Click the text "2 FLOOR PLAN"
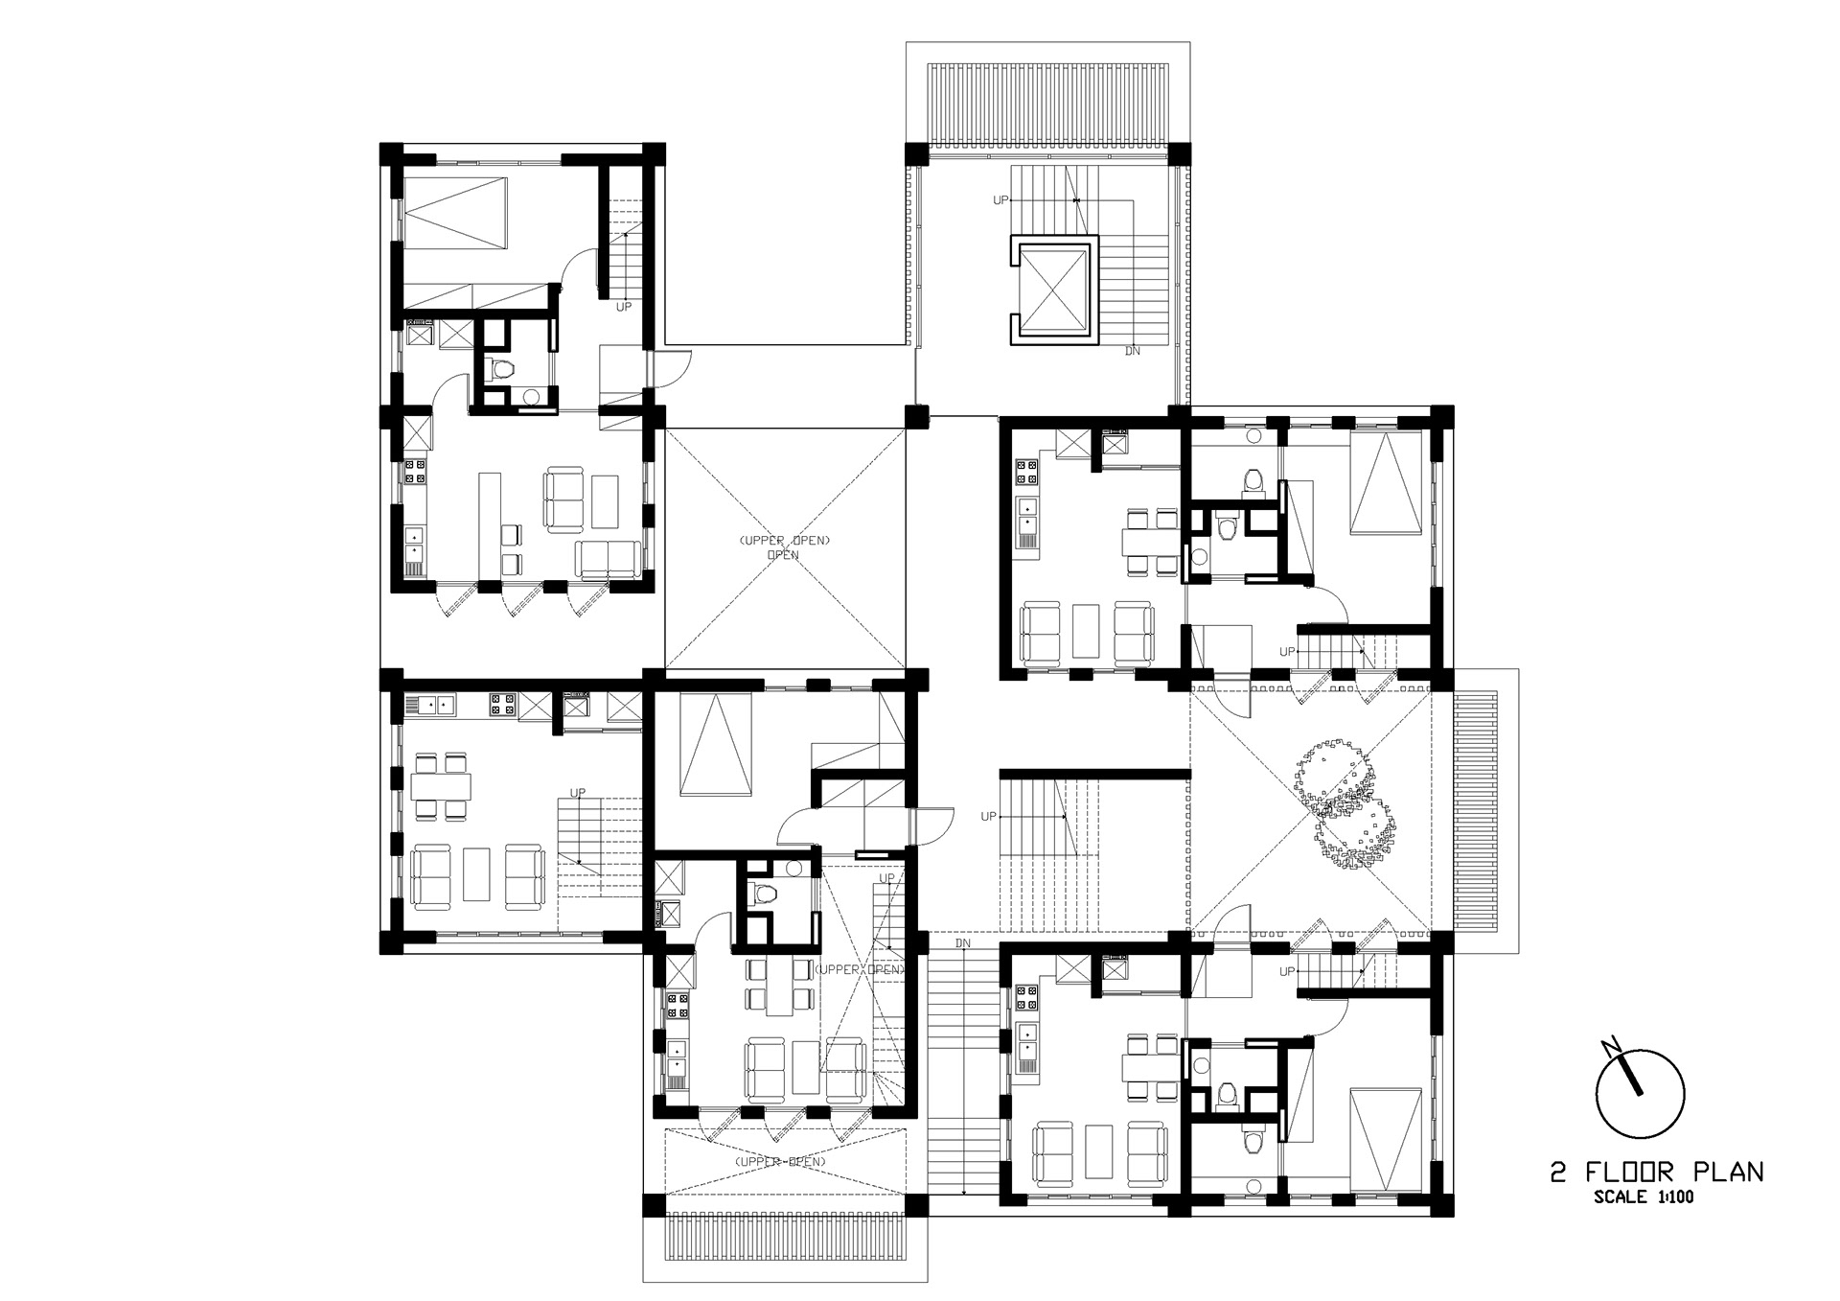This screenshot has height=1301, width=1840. [x=1657, y=1172]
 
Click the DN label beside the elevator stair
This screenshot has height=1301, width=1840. [x=1133, y=352]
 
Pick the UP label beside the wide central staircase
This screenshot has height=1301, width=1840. [x=989, y=817]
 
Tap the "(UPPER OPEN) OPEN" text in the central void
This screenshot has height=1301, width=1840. [x=784, y=547]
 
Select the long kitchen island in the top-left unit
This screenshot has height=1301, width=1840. [x=489, y=524]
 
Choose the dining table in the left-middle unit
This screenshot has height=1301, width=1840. [x=442, y=786]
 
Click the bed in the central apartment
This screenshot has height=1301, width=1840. [x=714, y=746]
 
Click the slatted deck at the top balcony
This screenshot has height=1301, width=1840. [x=1047, y=105]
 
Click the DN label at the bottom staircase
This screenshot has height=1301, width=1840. [x=962, y=943]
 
